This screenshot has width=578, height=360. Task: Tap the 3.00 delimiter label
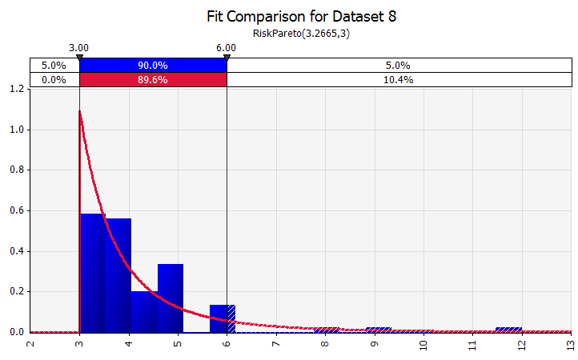78,48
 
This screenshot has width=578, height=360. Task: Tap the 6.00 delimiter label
226,48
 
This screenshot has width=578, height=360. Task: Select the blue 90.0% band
153,65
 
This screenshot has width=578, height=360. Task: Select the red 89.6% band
153,79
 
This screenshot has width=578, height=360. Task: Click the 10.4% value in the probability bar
398,79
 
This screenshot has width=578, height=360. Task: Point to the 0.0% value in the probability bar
53,79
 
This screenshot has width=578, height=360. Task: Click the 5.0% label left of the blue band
53,65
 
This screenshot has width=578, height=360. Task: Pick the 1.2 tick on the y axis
16,89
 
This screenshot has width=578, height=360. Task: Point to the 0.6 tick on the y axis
16,210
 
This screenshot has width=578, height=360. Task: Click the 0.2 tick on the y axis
16,291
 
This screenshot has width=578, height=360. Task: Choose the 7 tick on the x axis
276,345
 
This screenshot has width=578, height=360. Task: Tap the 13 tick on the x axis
570,345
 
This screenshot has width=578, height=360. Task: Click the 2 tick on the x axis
30,345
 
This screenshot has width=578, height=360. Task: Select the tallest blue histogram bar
92,272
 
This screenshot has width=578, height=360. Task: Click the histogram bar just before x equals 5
171,298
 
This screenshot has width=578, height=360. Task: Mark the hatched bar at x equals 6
223,318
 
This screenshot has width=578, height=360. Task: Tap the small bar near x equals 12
509,329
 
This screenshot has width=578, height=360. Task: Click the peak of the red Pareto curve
80,111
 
